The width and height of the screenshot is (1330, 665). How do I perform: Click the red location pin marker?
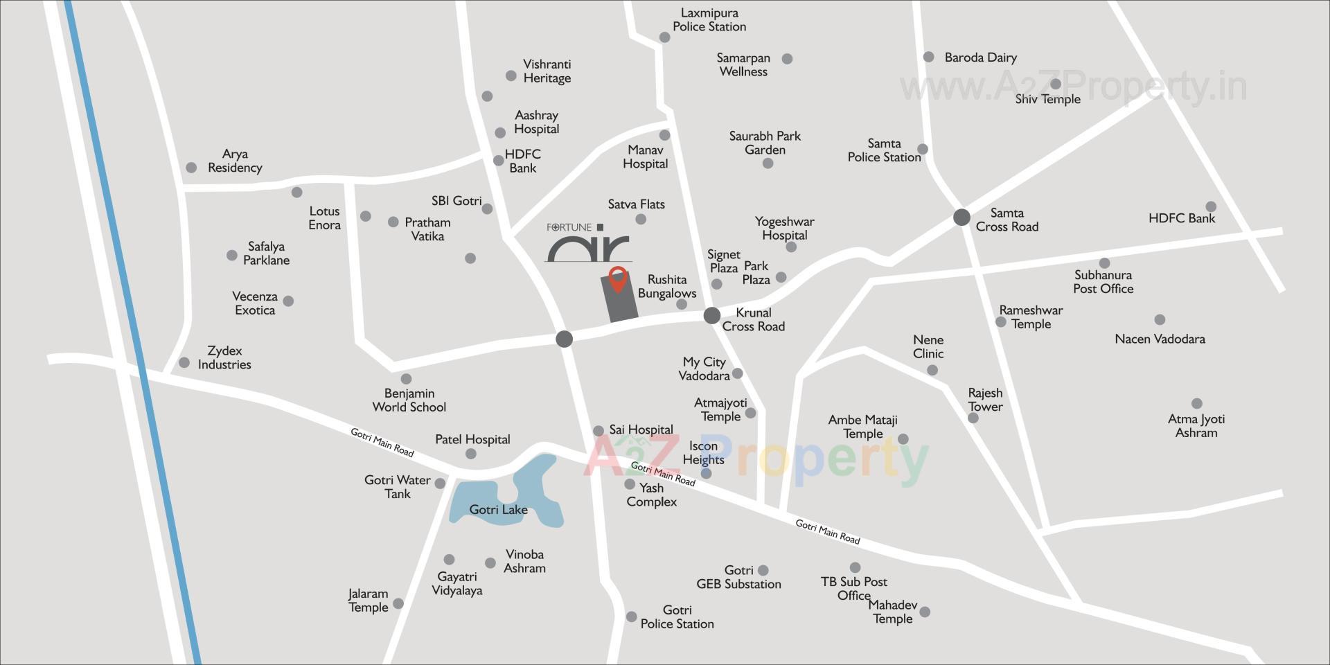pyautogui.click(x=617, y=278)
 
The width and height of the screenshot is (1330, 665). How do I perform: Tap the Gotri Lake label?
pyautogui.click(x=498, y=510)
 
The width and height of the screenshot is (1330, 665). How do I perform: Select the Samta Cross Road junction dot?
pyautogui.click(x=961, y=218)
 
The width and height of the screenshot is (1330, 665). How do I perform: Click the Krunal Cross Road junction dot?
pyautogui.click(x=712, y=316)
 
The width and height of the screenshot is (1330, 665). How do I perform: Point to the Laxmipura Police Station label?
pyautogui.click(x=709, y=20)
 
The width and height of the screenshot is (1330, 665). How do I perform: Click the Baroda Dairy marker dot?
pyautogui.click(x=929, y=57)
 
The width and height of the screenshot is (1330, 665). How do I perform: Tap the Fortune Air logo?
pyautogui.click(x=588, y=242)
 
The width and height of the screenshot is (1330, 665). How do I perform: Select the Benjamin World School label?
pyautogui.click(x=409, y=400)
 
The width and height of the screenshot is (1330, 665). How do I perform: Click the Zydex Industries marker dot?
pyautogui.click(x=184, y=363)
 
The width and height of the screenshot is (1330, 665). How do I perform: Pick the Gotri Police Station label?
pyautogui.click(x=677, y=617)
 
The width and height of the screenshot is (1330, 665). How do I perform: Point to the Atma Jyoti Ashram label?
pyautogui.click(x=1196, y=426)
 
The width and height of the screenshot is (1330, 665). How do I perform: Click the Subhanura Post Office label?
pyautogui.click(x=1103, y=282)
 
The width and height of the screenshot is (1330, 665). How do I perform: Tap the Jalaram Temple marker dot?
pyautogui.click(x=398, y=604)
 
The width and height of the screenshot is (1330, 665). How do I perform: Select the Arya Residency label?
pyautogui.click(x=235, y=161)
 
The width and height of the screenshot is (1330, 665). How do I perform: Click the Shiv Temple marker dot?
pyautogui.click(x=1056, y=84)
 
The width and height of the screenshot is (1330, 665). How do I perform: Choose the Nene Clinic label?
pyautogui.click(x=928, y=347)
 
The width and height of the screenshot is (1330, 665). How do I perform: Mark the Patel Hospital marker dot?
pyautogui.click(x=471, y=454)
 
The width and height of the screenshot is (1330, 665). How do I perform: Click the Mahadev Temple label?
pyautogui.click(x=893, y=612)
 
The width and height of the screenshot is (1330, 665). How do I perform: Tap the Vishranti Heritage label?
pyautogui.click(x=547, y=71)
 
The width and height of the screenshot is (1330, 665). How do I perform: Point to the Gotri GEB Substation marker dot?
pyautogui.click(x=763, y=571)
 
